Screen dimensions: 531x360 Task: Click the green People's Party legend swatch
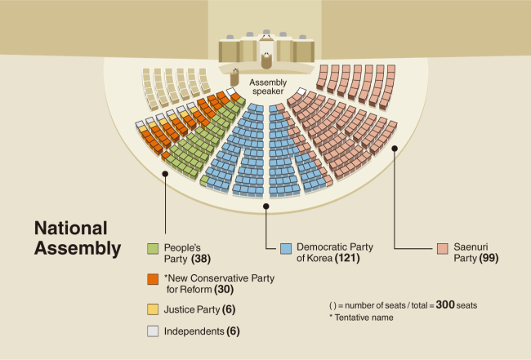[153, 249]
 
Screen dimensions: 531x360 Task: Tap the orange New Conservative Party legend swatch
[153, 279]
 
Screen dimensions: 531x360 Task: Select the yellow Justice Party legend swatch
[153, 309]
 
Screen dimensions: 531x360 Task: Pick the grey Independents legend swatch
[153, 331]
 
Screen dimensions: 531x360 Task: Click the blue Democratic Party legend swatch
[286, 249]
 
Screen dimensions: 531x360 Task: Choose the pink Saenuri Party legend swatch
[443, 249]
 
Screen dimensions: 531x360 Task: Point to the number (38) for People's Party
[201, 259]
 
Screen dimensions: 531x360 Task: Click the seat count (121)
[347, 258]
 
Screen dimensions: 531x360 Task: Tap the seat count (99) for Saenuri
[489, 258]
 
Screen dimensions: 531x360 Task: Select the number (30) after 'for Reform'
[224, 290]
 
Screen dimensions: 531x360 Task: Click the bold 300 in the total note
[445, 304]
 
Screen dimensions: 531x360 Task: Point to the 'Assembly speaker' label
[268, 87]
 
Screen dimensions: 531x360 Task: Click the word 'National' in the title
[71, 228]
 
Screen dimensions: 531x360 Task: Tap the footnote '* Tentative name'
[361, 318]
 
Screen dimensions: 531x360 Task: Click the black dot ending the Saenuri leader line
[395, 149]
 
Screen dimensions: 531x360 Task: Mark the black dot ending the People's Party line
[165, 174]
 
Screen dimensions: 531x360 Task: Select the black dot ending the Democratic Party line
[266, 206]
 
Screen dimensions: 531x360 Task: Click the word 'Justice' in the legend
[180, 309]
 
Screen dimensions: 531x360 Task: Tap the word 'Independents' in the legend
[194, 331]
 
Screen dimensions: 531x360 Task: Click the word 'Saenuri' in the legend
[471, 247]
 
